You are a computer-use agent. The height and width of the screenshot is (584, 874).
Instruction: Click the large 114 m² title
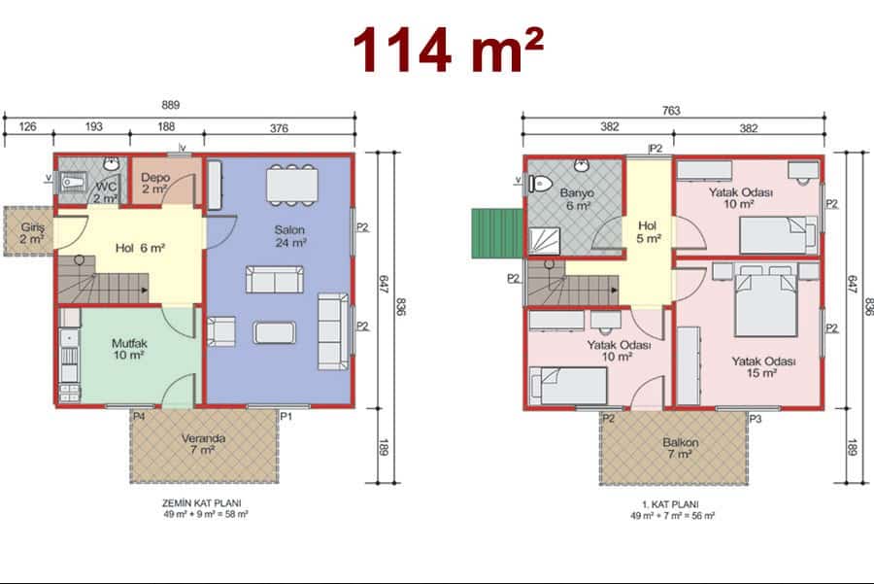click(449, 51)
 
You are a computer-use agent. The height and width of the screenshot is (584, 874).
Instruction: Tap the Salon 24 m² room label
click(289, 236)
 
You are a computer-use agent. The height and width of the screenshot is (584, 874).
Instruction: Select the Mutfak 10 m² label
click(129, 349)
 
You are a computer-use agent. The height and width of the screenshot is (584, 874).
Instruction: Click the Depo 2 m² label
click(155, 183)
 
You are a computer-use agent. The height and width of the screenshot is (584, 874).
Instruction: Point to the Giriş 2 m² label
click(32, 233)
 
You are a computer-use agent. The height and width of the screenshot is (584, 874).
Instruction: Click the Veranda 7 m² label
click(204, 444)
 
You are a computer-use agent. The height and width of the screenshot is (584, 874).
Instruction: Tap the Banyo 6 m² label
click(578, 199)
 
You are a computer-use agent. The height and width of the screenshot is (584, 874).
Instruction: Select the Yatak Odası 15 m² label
click(763, 367)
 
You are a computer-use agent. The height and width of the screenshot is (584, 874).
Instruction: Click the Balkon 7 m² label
click(680, 448)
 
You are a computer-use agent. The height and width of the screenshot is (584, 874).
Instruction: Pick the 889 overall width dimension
click(171, 105)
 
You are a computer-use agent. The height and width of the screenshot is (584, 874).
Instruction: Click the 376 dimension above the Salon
click(279, 128)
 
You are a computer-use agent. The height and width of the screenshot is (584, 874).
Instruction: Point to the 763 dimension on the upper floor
click(671, 111)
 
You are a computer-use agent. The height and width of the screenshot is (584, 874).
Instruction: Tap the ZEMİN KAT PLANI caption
click(202, 503)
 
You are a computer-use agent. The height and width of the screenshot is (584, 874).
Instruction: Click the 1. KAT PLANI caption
click(670, 504)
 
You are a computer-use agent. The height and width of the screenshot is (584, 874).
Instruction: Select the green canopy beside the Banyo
click(497, 233)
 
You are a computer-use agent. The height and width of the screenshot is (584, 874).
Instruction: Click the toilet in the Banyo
click(540, 183)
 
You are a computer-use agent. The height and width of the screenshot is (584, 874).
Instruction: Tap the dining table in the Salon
click(292, 186)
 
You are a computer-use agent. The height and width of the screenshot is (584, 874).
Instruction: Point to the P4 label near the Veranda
click(139, 416)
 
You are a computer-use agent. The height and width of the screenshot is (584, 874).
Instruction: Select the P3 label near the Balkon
click(756, 419)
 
